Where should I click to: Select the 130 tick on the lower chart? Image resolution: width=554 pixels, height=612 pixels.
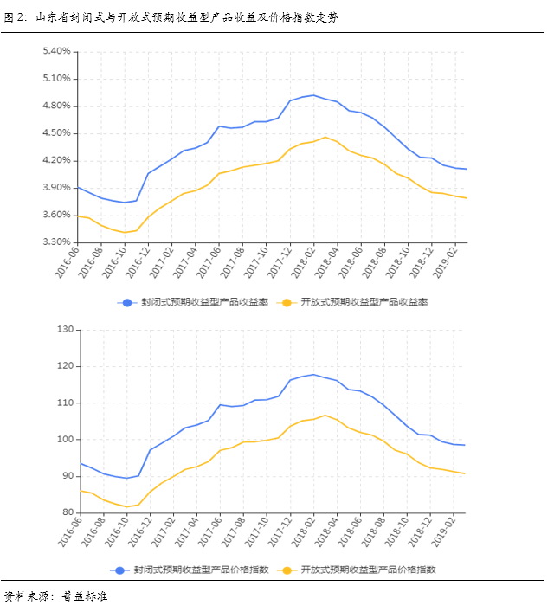tap(64, 330)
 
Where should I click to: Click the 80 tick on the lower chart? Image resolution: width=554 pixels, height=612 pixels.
tap(67, 513)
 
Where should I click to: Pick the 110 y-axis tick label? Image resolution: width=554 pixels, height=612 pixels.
tap(64, 403)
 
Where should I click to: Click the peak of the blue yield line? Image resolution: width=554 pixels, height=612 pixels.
tap(313, 95)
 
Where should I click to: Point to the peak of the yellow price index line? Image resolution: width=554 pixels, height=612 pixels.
tap(325, 416)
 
